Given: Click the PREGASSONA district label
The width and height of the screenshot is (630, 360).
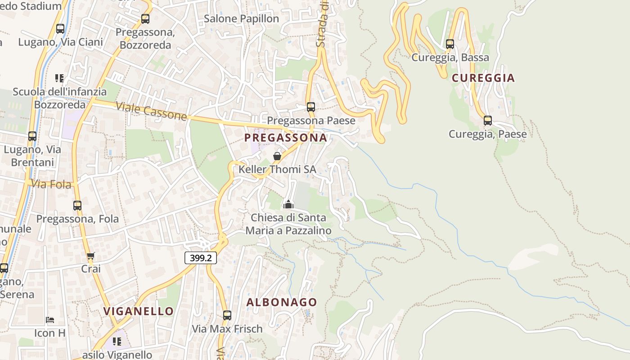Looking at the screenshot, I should tap(286, 138).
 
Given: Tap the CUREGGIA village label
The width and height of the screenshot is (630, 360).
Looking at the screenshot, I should tap(483, 78).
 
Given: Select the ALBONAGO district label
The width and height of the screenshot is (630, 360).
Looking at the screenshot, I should tap(282, 302).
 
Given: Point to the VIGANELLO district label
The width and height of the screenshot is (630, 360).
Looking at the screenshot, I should tap(139, 311).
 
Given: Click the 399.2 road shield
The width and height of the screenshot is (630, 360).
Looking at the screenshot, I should tap(201, 258).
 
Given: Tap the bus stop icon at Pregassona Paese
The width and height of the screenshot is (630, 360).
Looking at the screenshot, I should tap(311, 107).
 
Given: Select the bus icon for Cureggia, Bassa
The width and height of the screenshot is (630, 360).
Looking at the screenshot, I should tap(450, 44).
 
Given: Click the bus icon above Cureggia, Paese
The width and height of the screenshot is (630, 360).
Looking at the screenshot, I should tap(488, 121).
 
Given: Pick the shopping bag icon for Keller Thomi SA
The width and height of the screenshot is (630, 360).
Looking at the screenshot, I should tap(277, 156).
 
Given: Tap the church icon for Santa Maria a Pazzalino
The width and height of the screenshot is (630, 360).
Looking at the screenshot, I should tap(288, 204).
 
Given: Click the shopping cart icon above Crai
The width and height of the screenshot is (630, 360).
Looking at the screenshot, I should tap(91, 256).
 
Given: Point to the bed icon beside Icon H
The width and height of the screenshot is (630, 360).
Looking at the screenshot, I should tap(50, 320).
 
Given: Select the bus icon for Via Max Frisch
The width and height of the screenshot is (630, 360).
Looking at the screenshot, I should tap(227, 315).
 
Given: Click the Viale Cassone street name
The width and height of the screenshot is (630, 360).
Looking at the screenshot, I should tap(151, 111).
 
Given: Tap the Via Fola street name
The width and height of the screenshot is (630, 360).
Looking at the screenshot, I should tap(51, 184).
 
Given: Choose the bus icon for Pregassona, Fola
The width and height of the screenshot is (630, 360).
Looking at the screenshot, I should tap(77, 206).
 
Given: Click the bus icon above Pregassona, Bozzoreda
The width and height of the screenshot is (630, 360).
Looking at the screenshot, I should tap(145, 19).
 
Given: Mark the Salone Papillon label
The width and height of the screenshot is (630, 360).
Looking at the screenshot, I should tap(241, 19).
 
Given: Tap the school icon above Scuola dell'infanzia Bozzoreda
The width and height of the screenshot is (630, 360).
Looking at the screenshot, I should tap(59, 78).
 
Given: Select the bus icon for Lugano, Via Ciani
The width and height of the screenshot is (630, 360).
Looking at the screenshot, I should tap(60, 29).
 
